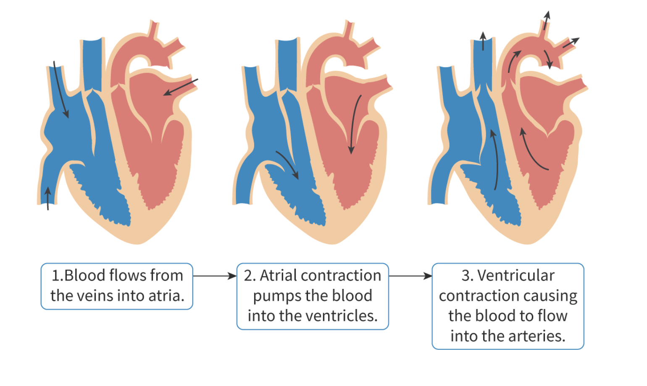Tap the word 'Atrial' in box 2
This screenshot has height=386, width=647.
tap(279, 275)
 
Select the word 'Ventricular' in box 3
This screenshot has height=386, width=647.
tap(516, 275)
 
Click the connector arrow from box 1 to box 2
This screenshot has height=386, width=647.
tap(214, 276)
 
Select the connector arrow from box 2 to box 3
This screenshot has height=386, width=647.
tap(410, 276)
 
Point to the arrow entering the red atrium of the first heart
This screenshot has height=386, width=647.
tap(181, 87)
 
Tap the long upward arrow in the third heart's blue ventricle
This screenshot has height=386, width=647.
tap(495, 160)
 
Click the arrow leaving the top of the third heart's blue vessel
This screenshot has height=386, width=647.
tap(483, 41)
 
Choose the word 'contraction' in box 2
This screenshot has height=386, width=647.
tap(341, 275)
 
